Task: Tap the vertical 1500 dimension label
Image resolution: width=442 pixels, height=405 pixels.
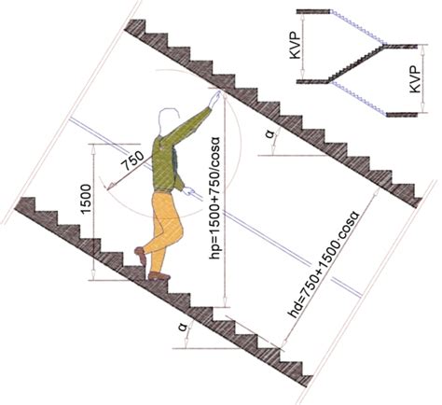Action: click(x=86, y=200)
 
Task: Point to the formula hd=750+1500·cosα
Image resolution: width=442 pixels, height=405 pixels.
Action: click(x=324, y=265)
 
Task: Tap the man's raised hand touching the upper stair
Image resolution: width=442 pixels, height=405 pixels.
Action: click(x=214, y=99)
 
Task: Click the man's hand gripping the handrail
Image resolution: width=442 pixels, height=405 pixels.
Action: click(x=188, y=190)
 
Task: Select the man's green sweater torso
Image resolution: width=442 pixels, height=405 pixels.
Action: click(x=165, y=165)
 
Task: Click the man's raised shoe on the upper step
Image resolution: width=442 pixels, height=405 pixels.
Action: click(x=141, y=255)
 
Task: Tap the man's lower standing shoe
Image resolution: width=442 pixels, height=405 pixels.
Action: click(x=159, y=275)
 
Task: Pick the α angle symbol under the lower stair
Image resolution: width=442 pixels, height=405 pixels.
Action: click(x=183, y=328)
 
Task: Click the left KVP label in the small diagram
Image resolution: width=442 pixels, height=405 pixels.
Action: click(x=296, y=46)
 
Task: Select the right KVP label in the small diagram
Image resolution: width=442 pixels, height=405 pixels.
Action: click(x=415, y=79)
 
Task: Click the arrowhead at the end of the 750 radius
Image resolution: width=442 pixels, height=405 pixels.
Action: click(x=109, y=188)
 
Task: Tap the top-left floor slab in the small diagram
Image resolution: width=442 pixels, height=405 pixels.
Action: click(x=313, y=11)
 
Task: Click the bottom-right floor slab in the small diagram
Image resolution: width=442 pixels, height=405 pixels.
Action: click(x=402, y=115)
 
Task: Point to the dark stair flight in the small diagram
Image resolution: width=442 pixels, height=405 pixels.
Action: click(x=357, y=63)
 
